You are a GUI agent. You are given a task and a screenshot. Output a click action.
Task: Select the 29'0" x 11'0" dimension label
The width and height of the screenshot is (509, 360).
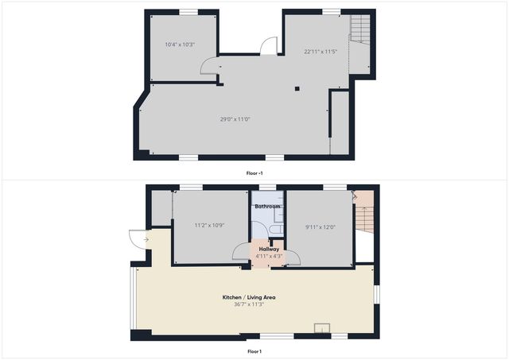tap(235, 119)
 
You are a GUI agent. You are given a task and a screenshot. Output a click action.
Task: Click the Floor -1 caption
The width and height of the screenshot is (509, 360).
tap(254, 172)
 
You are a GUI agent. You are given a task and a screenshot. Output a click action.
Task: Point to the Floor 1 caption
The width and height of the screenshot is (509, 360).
tap(254, 350)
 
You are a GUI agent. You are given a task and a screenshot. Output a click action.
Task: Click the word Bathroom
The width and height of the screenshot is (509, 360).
tap(267, 207)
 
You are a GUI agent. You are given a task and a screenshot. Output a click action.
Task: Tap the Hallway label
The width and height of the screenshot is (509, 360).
tap(268, 249)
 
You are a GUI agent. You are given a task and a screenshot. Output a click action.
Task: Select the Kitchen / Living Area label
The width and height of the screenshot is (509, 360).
tap(249, 297)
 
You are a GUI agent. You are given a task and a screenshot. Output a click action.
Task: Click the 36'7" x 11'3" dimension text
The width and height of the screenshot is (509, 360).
tap(249, 304)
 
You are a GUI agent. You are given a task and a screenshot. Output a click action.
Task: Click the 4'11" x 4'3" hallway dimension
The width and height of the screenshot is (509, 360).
tap(268, 256)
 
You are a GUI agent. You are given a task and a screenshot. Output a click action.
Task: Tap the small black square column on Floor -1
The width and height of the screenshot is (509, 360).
tap(297, 88)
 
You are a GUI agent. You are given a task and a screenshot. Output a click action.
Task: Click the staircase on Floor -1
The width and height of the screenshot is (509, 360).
tap(362, 30)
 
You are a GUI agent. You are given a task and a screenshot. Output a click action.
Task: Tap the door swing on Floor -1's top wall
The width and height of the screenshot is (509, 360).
tap(268, 45)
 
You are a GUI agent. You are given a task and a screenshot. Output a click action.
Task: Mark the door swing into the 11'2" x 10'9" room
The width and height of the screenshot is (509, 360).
tap(239, 252)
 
